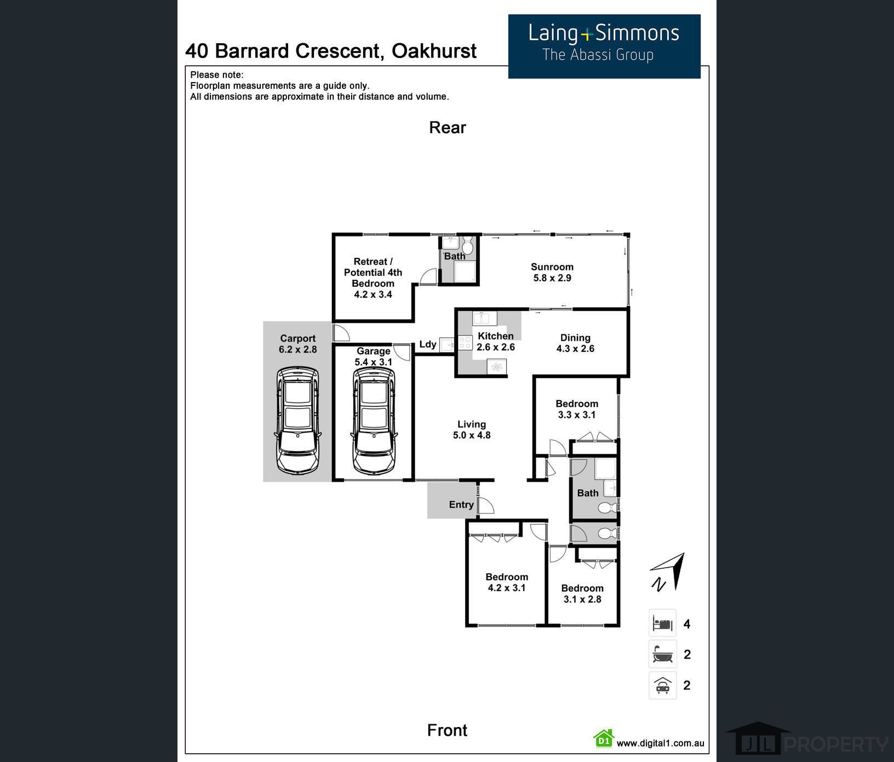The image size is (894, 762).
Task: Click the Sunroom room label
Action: [x=552, y=272]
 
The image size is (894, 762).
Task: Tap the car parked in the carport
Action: [x=297, y=420]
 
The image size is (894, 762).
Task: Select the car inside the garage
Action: [x=374, y=420]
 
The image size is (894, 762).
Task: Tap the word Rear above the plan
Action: [x=447, y=128]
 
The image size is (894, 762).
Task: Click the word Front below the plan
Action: [x=447, y=730]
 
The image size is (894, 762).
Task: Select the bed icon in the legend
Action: [x=662, y=624]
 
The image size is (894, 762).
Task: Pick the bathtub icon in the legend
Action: [x=662, y=654]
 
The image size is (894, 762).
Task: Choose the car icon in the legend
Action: [x=662, y=685]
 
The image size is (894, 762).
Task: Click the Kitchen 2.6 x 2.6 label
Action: [x=496, y=342]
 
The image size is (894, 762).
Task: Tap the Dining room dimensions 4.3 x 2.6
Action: [x=575, y=349]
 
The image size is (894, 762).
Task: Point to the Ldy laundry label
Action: [x=428, y=344]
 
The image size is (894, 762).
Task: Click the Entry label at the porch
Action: [x=461, y=505]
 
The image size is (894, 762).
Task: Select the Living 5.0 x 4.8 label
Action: [x=472, y=430]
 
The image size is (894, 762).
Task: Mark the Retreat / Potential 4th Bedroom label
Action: [x=373, y=278]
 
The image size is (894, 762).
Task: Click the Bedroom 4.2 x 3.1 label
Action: [x=507, y=582]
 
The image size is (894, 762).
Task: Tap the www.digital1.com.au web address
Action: [x=660, y=743]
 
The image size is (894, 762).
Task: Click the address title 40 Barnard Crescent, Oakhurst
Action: [x=331, y=51]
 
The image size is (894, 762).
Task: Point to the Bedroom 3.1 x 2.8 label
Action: [x=582, y=593]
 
